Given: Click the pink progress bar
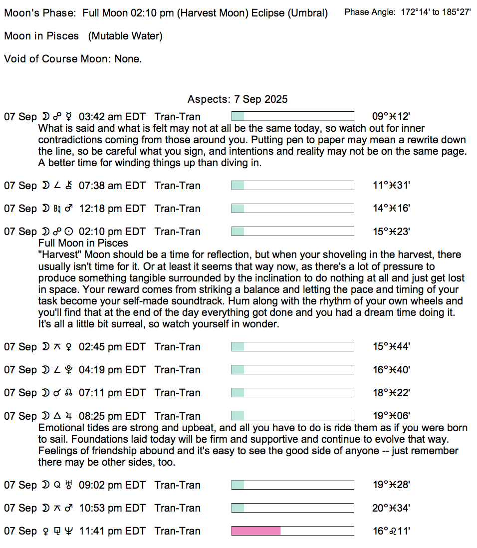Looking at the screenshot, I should coord(292,531).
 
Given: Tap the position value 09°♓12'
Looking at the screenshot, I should coord(391,117).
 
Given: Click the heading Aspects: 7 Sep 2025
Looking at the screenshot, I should coord(238,99).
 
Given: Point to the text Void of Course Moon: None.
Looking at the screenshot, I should coord(73,59).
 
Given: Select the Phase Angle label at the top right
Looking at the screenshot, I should coord(371,12).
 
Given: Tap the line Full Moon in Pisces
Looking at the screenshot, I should coord(83,243).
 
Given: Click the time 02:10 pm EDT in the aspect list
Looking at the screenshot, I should coord(112,232).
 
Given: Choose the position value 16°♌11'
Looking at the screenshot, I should coord(391,531).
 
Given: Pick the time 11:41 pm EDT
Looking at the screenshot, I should coord(112,531).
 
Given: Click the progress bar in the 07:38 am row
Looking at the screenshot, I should coord(292,186).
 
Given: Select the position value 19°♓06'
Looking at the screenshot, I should coord(391,416).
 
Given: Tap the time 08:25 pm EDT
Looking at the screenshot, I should coord(112,416).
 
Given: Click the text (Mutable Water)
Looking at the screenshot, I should coord(125,36).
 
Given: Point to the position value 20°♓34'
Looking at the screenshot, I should coord(391,508).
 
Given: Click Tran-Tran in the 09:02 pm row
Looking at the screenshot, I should coord(178,485).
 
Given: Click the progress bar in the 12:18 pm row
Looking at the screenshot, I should coord(292,209).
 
